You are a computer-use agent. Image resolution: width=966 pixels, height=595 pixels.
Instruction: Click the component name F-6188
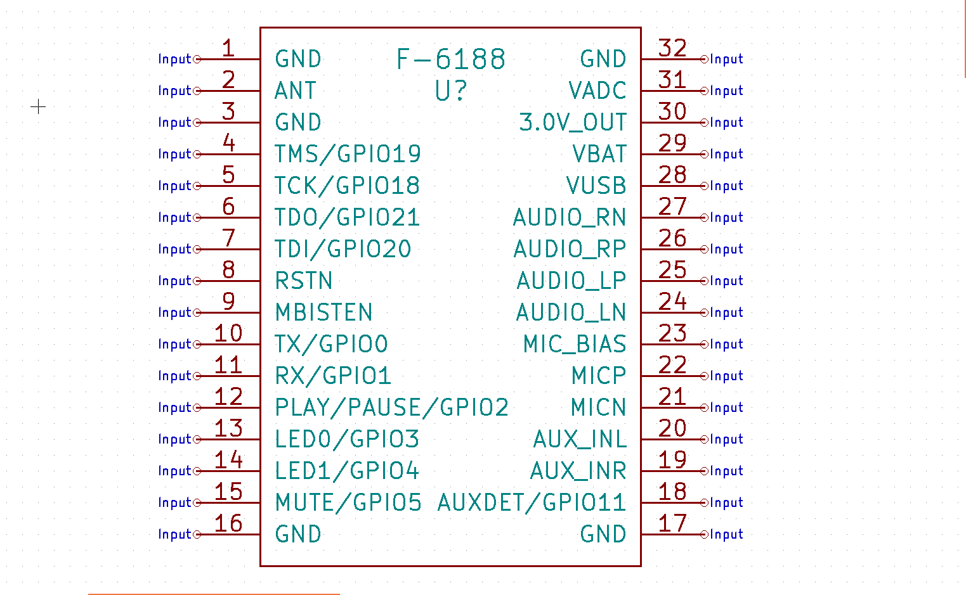tap(450, 60)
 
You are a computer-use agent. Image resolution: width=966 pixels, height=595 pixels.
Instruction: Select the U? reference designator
tap(450, 91)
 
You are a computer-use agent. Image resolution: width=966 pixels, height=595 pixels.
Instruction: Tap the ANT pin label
tap(295, 91)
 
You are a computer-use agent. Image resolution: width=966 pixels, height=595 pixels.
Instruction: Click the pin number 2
tap(228, 80)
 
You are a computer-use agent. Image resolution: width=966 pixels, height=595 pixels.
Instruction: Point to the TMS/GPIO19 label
tap(348, 154)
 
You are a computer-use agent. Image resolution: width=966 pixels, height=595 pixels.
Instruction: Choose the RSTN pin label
tap(304, 281)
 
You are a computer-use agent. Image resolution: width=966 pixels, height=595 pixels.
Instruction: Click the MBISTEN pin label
tap(323, 312)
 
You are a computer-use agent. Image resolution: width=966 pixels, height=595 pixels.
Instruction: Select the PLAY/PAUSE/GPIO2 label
tap(391, 407)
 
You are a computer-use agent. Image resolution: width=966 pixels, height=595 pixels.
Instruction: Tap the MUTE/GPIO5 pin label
tap(348, 502)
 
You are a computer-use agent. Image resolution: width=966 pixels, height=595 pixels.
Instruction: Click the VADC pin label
tap(597, 91)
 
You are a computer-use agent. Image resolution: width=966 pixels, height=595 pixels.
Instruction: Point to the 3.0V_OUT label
tap(573, 122)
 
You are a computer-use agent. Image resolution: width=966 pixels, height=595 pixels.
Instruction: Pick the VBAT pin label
tap(599, 154)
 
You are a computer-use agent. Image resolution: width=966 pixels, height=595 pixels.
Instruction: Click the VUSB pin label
tap(596, 186)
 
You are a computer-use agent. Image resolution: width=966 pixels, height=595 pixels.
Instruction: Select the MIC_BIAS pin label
tap(575, 344)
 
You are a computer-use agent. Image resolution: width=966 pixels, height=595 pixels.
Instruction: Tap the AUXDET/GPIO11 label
tap(532, 502)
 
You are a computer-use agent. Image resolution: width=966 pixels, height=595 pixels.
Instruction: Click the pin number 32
tap(672, 48)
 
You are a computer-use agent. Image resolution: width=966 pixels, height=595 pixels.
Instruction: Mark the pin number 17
tap(672, 523)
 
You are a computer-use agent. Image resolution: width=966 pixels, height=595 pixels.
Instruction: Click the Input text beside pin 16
tap(175, 534)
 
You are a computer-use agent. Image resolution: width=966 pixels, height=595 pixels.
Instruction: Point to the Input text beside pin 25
tap(726, 281)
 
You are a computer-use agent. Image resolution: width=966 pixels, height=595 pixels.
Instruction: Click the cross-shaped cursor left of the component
tap(38, 106)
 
